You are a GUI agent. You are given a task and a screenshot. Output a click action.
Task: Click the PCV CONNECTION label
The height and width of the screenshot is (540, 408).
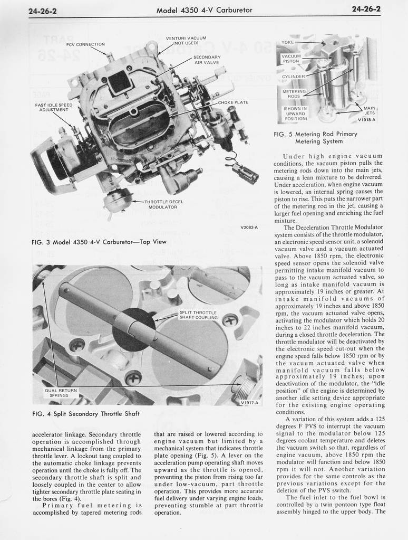coord(85,44)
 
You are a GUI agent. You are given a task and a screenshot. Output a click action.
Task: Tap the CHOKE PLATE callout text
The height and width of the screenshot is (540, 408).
coord(233,102)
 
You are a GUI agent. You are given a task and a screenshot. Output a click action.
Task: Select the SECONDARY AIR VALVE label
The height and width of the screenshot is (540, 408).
coord(207,60)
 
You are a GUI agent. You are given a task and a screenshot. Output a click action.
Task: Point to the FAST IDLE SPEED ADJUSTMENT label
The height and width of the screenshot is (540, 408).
coord(53,107)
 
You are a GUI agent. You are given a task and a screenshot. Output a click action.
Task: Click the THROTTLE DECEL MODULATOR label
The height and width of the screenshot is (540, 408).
coord(164,204)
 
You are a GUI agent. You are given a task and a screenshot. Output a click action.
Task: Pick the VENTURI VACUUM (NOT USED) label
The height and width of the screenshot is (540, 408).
coord(186,41)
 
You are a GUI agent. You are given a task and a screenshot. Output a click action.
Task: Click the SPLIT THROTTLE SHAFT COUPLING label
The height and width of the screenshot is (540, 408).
coord(199,315)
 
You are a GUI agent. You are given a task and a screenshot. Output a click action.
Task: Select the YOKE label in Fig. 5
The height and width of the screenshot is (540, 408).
coord(287,42)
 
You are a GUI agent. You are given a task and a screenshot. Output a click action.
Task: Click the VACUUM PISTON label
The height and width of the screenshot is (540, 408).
coord(291,59)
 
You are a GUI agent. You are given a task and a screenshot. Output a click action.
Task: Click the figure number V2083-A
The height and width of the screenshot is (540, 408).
coord(249,228)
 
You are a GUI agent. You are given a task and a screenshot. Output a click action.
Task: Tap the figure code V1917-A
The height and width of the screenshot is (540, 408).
coord(250,402)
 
